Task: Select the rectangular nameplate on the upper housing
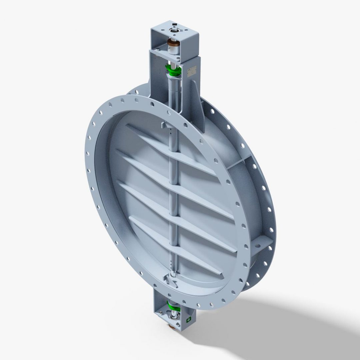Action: click(192, 70)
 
